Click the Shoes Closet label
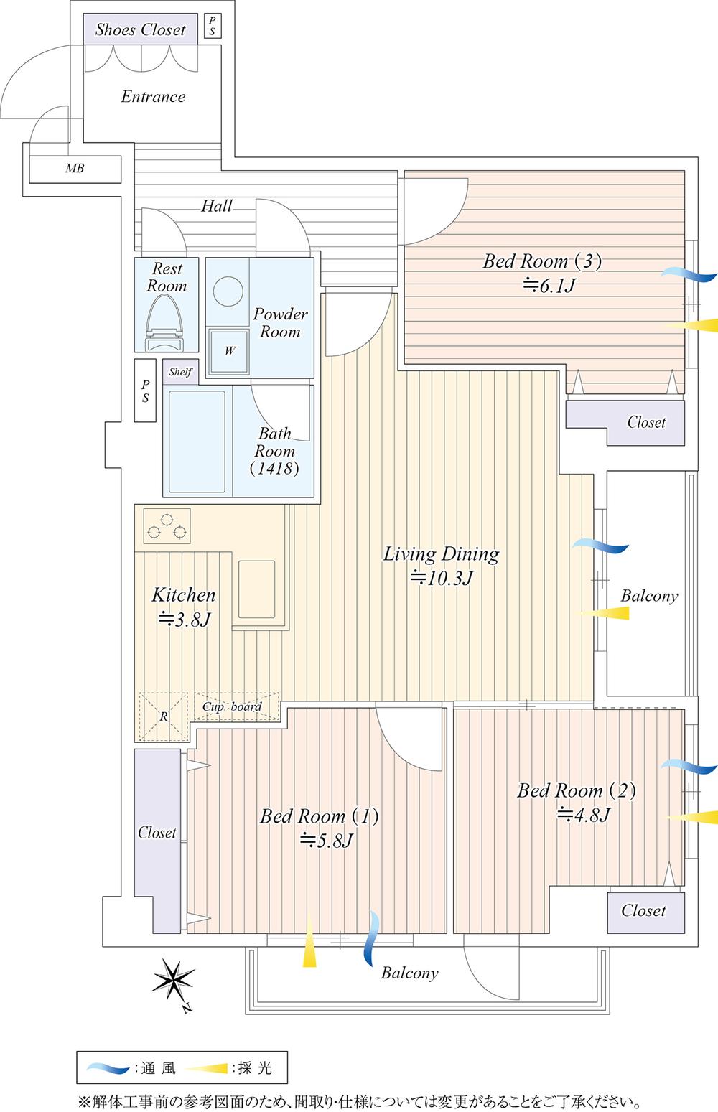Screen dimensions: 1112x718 coord(141,29)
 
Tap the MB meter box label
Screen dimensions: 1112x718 coord(75,169)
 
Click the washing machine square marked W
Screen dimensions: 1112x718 coord(229,351)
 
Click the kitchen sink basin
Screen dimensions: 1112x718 coord(256,588)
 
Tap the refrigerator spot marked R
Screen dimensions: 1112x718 coord(163,716)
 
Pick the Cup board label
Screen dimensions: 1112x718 coord(231,706)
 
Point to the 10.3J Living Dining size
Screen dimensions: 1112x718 coord(440,578)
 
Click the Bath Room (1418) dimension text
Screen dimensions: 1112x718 coord(274,469)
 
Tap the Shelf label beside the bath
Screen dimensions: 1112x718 coord(180,372)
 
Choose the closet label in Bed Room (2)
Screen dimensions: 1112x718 coord(643,910)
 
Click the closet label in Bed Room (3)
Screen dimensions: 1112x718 coord(646,422)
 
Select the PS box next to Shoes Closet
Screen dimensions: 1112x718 coord(212,26)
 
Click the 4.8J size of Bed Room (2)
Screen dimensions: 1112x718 coord(583,815)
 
